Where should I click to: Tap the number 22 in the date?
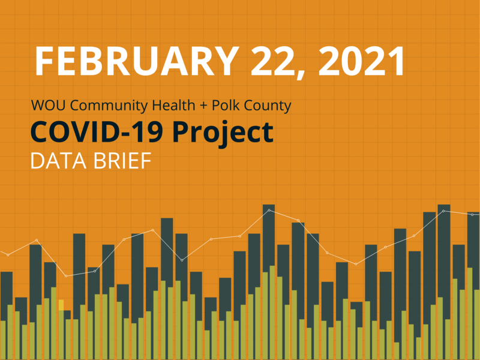pyautogui.click(x=266, y=60)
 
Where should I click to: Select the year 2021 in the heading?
pyautogui.click(x=360, y=60)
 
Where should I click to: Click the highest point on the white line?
pyautogui.click(x=269, y=210)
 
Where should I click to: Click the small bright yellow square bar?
pyautogui.click(x=60, y=305)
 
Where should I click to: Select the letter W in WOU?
pyautogui.click(x=38, y=106)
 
